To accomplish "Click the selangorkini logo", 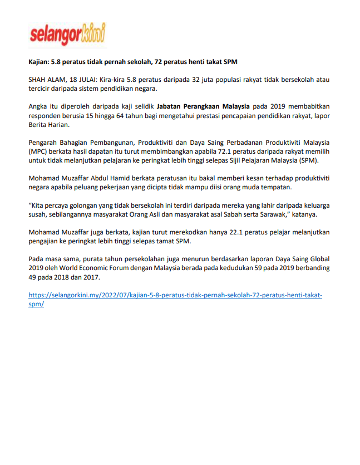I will [67, 36].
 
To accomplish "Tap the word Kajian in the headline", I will [39, 61].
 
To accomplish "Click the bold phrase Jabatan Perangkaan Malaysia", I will [203, 107].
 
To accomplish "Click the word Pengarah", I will [43, 143].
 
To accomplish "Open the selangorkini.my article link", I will [175, 296].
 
